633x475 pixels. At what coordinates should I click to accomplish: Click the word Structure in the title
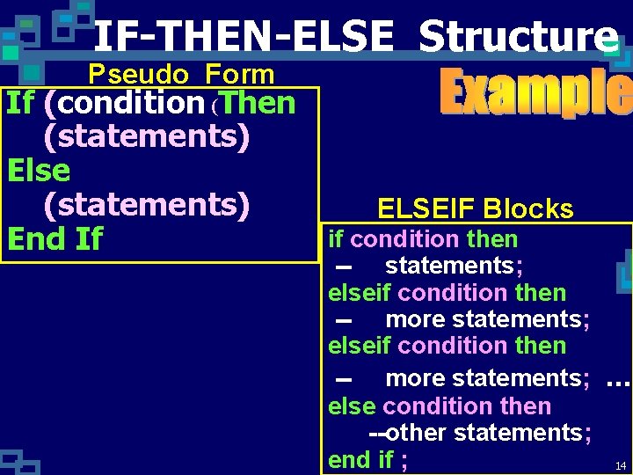pyautogui.click(x=519, y=37)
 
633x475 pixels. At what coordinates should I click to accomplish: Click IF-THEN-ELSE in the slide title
pyautogui.click(x=244, y=37)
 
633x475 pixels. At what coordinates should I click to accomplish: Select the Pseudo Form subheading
pyautogui.click(x=181, y=75)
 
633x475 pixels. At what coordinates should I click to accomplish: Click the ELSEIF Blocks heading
pyautogui.click(x=475, y=208)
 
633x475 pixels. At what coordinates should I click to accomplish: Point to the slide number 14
pyautogui.click(x=621, y=465)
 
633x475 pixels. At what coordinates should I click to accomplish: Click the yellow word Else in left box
pyautogui.click(x=38, y=170)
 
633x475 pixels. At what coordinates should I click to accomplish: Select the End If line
pyautogui.click(x=55, y=238)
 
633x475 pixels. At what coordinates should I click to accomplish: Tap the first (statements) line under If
pyautogui.click(x=146, y=137)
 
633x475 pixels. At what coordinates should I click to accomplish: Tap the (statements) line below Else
pyautogui.click(x=146, y=204)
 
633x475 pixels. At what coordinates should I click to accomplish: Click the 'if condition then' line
pyautogui.click(x=423, y=239)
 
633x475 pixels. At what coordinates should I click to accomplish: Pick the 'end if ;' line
pyautogui.click(x=367, y=459)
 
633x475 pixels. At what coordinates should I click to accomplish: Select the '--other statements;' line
pyautogui.click(x=480, y=433)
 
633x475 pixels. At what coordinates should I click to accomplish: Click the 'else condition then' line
pyautogui.click(x=440, y=406)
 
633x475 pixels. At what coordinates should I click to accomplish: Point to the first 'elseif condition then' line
pyautogui.click(x=447, y=293)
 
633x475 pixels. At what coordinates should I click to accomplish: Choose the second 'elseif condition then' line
pyautogui.click(x=447, y=346)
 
